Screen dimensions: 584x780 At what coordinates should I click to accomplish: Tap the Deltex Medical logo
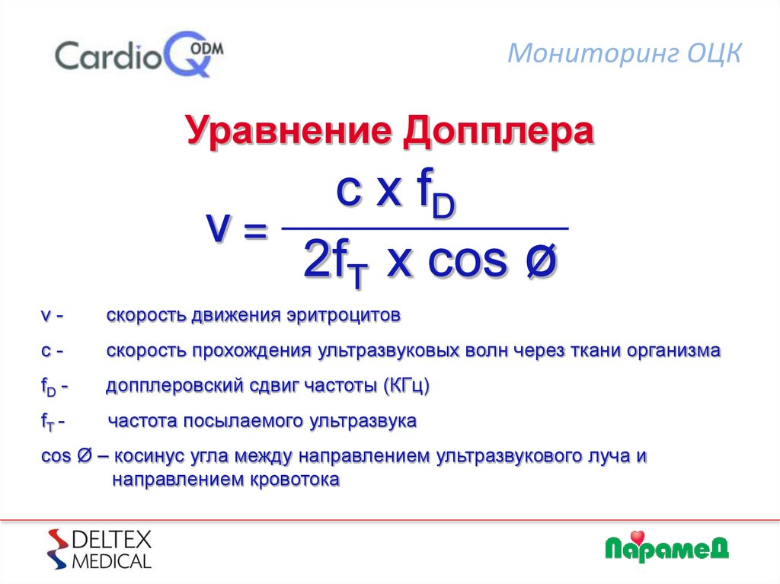[x=100, y=549]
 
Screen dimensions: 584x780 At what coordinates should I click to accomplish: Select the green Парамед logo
[x=667, y=546]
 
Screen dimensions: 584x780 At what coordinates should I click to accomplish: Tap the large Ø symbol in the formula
[x=540, y=263]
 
